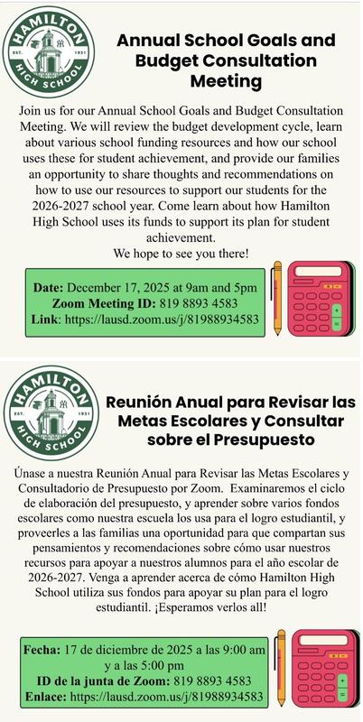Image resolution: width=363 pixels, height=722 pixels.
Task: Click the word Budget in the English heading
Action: [162, 60]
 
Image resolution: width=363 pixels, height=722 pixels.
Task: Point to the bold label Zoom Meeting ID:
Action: [104, 303]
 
